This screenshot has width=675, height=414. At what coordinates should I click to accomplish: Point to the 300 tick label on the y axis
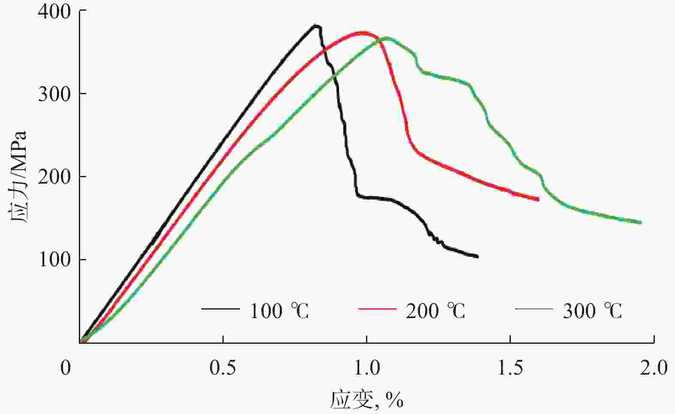[54, 94]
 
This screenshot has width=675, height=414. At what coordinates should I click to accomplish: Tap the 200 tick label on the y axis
[54, 177]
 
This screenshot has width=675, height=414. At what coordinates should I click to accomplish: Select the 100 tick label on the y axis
[54, 260]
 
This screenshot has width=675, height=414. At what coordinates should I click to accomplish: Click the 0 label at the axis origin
[66, 367]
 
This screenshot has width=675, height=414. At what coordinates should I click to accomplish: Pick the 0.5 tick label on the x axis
[223, 367]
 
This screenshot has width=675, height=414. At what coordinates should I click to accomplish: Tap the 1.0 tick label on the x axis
[366, 367]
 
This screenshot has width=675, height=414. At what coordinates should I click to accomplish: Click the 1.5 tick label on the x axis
[510, 367]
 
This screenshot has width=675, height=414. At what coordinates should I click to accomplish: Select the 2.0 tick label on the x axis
[654, 367]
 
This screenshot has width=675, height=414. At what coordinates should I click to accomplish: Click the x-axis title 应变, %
[367, 400]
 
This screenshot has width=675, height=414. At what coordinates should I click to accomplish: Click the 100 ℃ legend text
[279, 311]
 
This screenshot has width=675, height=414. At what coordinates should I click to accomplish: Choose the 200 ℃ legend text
[435, 311]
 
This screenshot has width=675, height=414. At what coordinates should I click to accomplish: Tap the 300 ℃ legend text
[592, 311]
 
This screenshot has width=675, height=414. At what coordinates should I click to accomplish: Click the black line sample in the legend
[220, 308]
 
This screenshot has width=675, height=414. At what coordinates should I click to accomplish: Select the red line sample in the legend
[377, 308]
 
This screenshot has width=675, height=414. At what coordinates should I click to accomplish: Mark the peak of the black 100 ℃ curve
[316, 26]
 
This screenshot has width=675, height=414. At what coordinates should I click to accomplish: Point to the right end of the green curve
[640, 223]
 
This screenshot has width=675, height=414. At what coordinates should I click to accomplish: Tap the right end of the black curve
[477, 256]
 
